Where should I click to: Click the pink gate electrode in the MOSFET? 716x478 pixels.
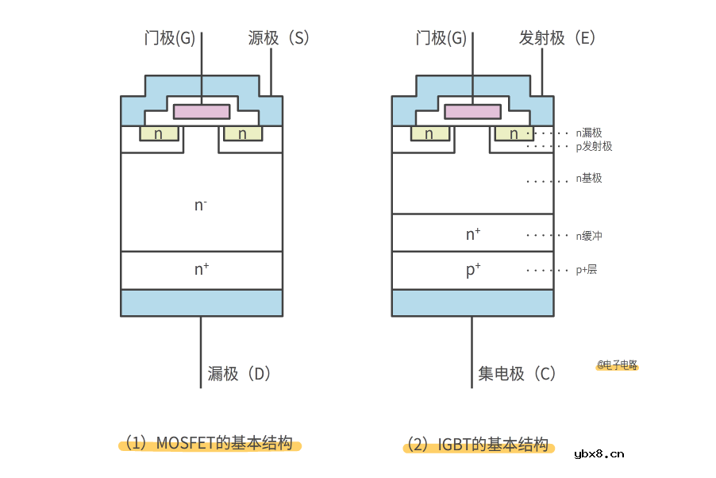point(202,111)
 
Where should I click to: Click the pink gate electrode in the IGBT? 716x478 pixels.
point(472,111)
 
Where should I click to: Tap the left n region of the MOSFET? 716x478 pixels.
point(159,133)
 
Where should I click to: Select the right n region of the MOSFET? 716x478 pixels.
point(243,133)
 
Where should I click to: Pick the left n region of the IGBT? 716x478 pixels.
point(429,133)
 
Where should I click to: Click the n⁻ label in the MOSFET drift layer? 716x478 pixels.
point(201,205)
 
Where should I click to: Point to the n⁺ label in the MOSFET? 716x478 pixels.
point(202,269)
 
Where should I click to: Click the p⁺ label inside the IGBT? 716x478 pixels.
point(473,270)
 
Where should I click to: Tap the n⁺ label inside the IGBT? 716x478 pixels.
point(473,234)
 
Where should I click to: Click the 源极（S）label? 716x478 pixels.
point(278,37)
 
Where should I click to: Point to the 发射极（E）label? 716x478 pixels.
point(557,37)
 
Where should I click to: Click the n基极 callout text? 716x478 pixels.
point(589,179)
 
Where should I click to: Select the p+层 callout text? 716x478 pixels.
point(587,270)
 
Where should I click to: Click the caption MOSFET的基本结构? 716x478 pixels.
point(213,443)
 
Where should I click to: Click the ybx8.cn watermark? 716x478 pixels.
point(599,454)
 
